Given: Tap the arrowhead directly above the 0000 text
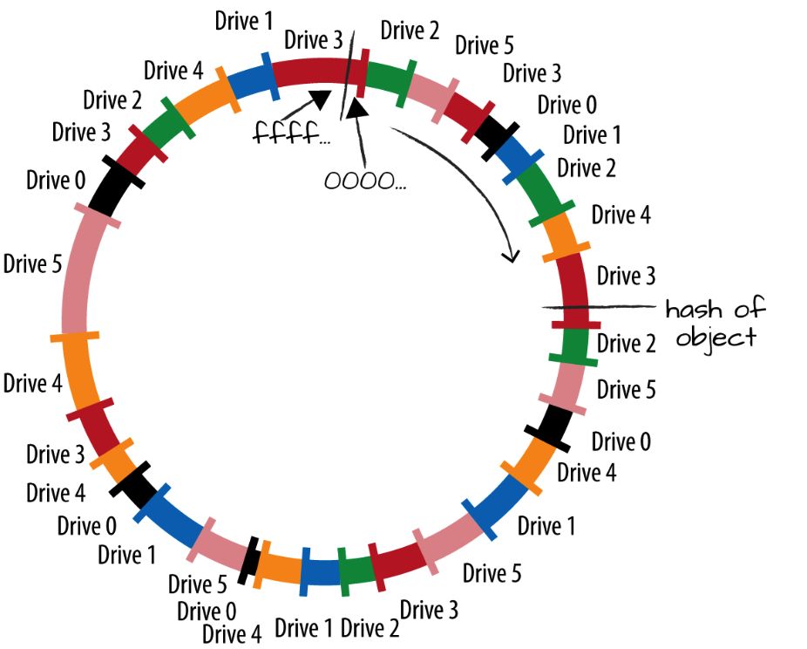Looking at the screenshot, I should [x=356, y=108].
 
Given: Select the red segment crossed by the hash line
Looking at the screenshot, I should [x=573, y=288].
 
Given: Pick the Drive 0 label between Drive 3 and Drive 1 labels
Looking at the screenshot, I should [x=567, y=105].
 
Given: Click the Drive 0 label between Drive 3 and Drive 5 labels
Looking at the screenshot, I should [x=56, y=181].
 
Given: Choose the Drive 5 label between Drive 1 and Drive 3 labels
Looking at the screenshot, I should [x=492, y=573].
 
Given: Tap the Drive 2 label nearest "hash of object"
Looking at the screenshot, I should [x=626, y=344].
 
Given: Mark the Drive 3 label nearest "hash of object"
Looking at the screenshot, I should [x=626, y=277].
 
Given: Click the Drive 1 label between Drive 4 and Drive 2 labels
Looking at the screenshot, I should [x=305, y=627].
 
